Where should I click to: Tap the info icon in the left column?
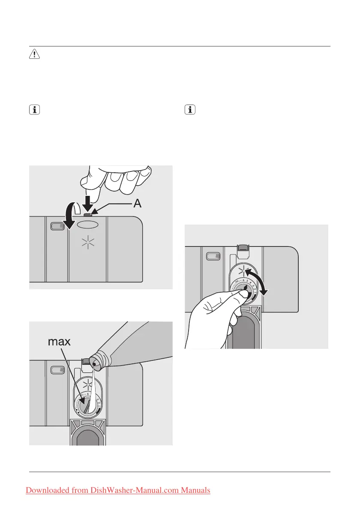(34, 110)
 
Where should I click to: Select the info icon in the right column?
(189, 110)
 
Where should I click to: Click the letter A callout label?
(137, 204)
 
